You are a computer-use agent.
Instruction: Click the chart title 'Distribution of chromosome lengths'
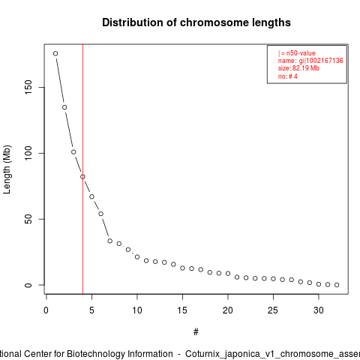pos(196,22)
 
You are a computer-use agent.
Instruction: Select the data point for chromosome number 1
pos(55,53)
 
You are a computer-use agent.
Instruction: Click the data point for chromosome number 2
pos(64,107)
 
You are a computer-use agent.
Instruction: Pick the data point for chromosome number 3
pos(73,152)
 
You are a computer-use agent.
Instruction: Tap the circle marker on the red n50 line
pos(82,177)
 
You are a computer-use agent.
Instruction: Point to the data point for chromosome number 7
pos(110,241)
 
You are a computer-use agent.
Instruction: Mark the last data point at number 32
pos(337,285)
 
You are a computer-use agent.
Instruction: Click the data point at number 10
pos(137,256)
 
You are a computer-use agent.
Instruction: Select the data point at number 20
pos(228,274)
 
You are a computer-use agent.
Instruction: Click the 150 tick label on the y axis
pos(28,87)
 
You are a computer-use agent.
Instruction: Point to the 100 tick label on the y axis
pos(28,153)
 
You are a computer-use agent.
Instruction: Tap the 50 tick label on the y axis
pos(28,219)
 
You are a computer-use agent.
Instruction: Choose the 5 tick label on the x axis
pos(91,310)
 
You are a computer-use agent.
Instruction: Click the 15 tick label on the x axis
pos(182,310)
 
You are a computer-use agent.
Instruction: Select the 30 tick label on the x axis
pos(319,310)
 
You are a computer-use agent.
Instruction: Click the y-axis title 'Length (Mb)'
pos(7,169)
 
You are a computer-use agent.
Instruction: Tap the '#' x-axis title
pos(196,332)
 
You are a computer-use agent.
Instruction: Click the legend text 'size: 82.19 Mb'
pos(298,68)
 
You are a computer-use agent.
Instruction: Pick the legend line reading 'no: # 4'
pos(288,76)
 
